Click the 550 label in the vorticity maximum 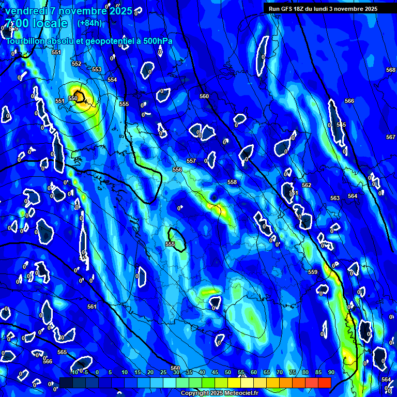(x=73, y=98)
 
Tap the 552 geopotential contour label (x=77, y=64)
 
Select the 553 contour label (x=97, y=69)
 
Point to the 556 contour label (x=177, y=170)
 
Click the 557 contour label (x=191, y=161)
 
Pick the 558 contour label (x=232, y=182)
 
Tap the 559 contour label (x=313, y=272)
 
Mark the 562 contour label (x=307, y=185)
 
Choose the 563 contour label (x=335, y=198)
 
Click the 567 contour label (x=391, y=137)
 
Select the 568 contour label (x=391, y=70)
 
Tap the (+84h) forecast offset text (x=89, y=23)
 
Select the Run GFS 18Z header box (x=323, y=9)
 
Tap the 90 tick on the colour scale (x=331, y=372)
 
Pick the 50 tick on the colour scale (x=228, y=372)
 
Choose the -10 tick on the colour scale (x=74, y=372)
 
